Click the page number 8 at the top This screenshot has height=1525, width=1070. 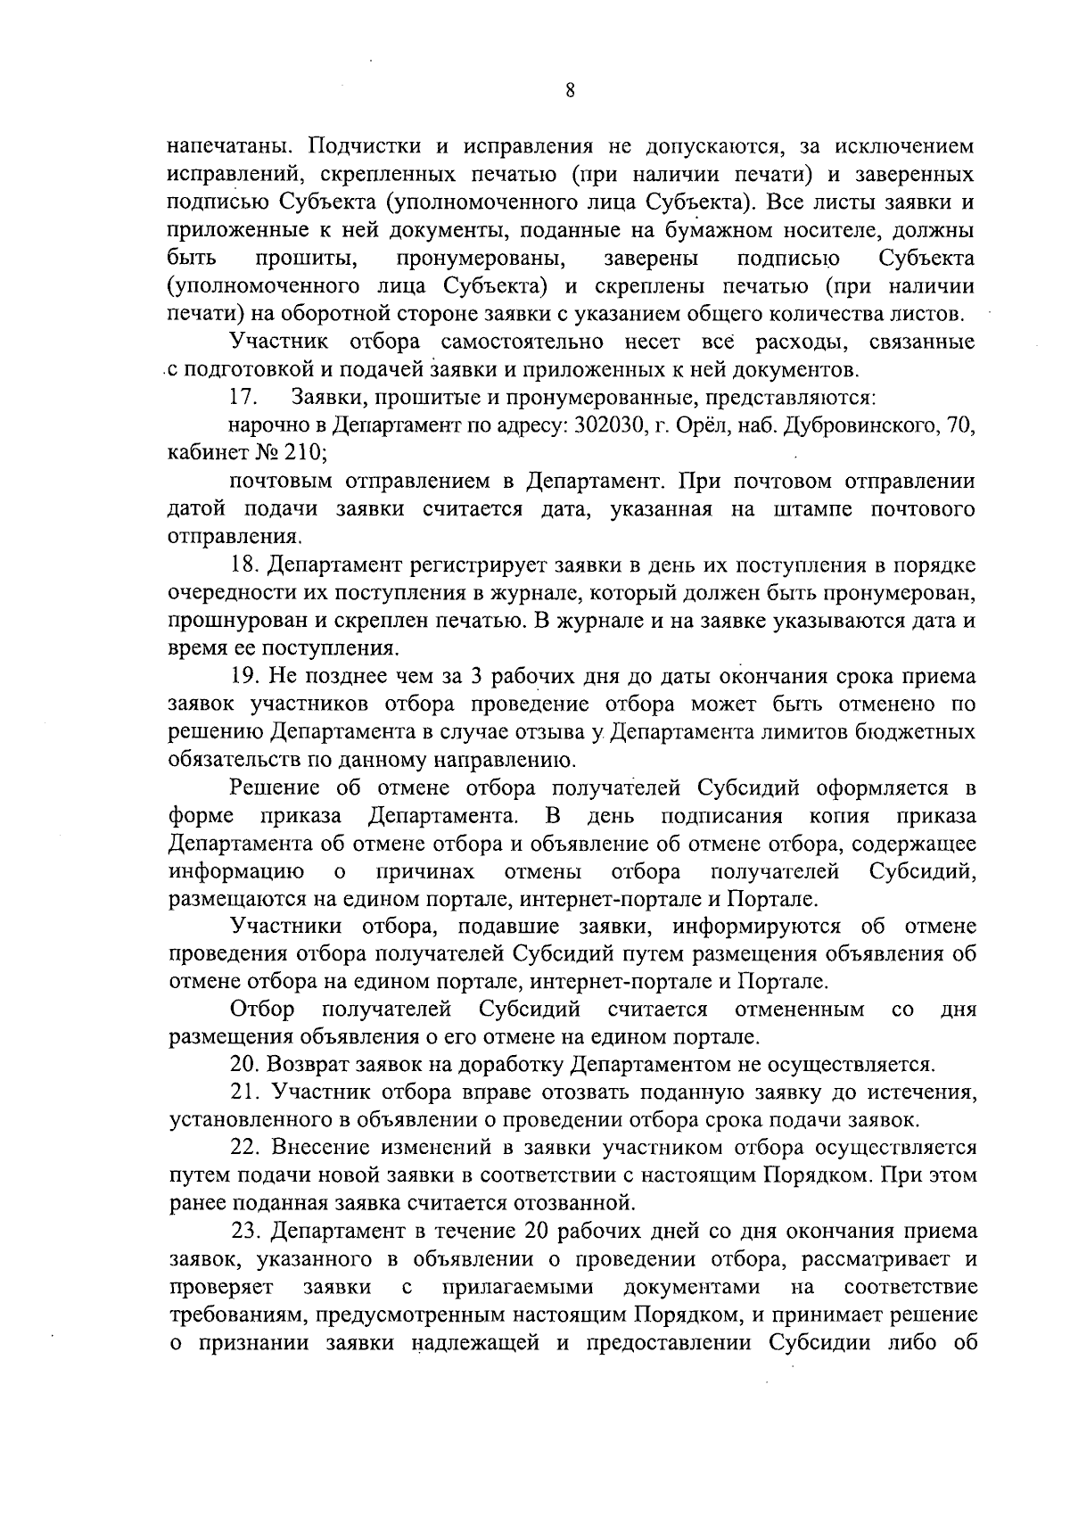point(569,90)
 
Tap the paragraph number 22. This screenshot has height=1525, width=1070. point(246,1147)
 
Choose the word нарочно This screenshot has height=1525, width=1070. point(265,425)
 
